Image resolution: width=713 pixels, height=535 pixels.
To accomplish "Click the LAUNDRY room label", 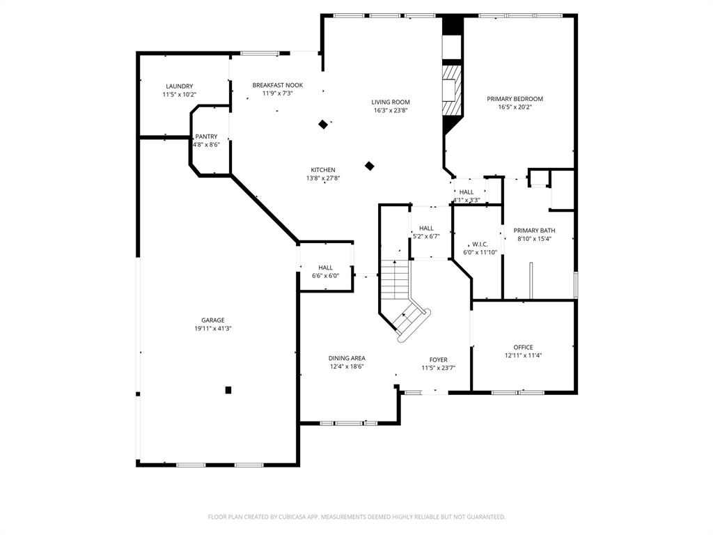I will point(179,86).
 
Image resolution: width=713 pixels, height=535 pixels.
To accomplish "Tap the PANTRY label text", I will point(206,137).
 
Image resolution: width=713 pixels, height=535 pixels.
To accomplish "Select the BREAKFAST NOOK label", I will point(277,85).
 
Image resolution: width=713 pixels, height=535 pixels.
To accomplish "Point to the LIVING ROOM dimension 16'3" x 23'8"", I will point(390,110).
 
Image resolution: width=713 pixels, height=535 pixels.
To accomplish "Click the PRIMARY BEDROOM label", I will point(515,99).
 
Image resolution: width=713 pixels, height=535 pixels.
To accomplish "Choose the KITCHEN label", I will point(323,170).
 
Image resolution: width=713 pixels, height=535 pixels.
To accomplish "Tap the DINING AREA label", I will point(347,359).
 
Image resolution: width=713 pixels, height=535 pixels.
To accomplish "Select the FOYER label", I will point(438,360).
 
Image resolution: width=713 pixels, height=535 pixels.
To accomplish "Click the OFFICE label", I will point(523,348).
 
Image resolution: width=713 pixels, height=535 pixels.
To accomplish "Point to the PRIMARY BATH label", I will point(534,231).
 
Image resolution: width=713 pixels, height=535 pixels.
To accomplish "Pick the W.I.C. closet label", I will point(480,245).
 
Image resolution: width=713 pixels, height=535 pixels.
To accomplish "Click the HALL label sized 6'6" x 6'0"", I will point(325,267).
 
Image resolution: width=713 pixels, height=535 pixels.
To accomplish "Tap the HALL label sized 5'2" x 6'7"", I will point(426,228).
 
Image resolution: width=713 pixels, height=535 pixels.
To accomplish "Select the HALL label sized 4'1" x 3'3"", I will point(466,192).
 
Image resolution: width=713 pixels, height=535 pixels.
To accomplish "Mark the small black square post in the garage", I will point(228,390).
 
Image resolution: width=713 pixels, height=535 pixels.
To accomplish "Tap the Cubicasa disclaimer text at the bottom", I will point(356,517).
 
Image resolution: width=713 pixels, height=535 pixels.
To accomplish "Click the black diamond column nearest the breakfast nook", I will point(323,125).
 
